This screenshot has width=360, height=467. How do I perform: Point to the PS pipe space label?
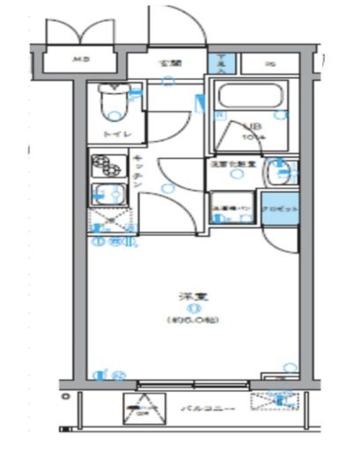pos(269,64)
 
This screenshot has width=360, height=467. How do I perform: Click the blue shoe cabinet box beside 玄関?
pos(222,63)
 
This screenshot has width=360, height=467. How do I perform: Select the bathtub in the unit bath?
pos(249,96)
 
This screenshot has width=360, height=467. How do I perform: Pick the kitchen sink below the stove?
pos(108,193)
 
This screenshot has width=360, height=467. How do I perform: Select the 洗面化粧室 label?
pos(233,165)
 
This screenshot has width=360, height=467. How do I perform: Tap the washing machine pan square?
pos(232,209)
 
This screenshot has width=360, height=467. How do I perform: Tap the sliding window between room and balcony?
pos(193,385)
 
